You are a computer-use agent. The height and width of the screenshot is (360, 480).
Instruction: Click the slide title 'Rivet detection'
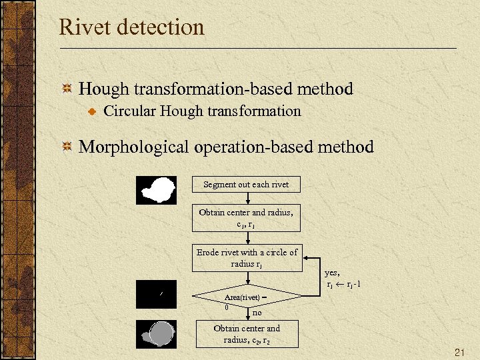(x=131, y=28)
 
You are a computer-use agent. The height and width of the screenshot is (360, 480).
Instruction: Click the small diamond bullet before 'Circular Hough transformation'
(x=93, y=111)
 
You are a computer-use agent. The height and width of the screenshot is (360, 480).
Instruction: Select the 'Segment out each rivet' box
(x=246, y=184)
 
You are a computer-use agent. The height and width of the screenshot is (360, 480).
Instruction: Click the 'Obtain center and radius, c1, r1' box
(x=246, y=218)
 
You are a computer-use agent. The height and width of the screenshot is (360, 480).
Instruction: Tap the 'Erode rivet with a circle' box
(x=247, y=258)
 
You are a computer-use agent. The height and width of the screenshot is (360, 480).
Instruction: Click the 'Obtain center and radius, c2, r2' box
(x=247, y=333)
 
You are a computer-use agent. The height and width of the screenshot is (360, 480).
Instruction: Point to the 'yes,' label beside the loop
(x=332, y=272)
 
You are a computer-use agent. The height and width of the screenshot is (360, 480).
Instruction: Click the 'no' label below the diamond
(x=257, y=311)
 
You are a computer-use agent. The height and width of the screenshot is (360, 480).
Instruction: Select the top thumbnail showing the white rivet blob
(x=156, y=190)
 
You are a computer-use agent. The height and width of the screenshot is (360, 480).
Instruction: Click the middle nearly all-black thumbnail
(x=156, y=294)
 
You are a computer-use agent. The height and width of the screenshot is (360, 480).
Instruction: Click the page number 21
(x=459, y=351)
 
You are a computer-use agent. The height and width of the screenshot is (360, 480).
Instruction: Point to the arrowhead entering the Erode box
(x=303, y=258)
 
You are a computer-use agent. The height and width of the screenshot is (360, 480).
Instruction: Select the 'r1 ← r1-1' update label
(x=344, y=285)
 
